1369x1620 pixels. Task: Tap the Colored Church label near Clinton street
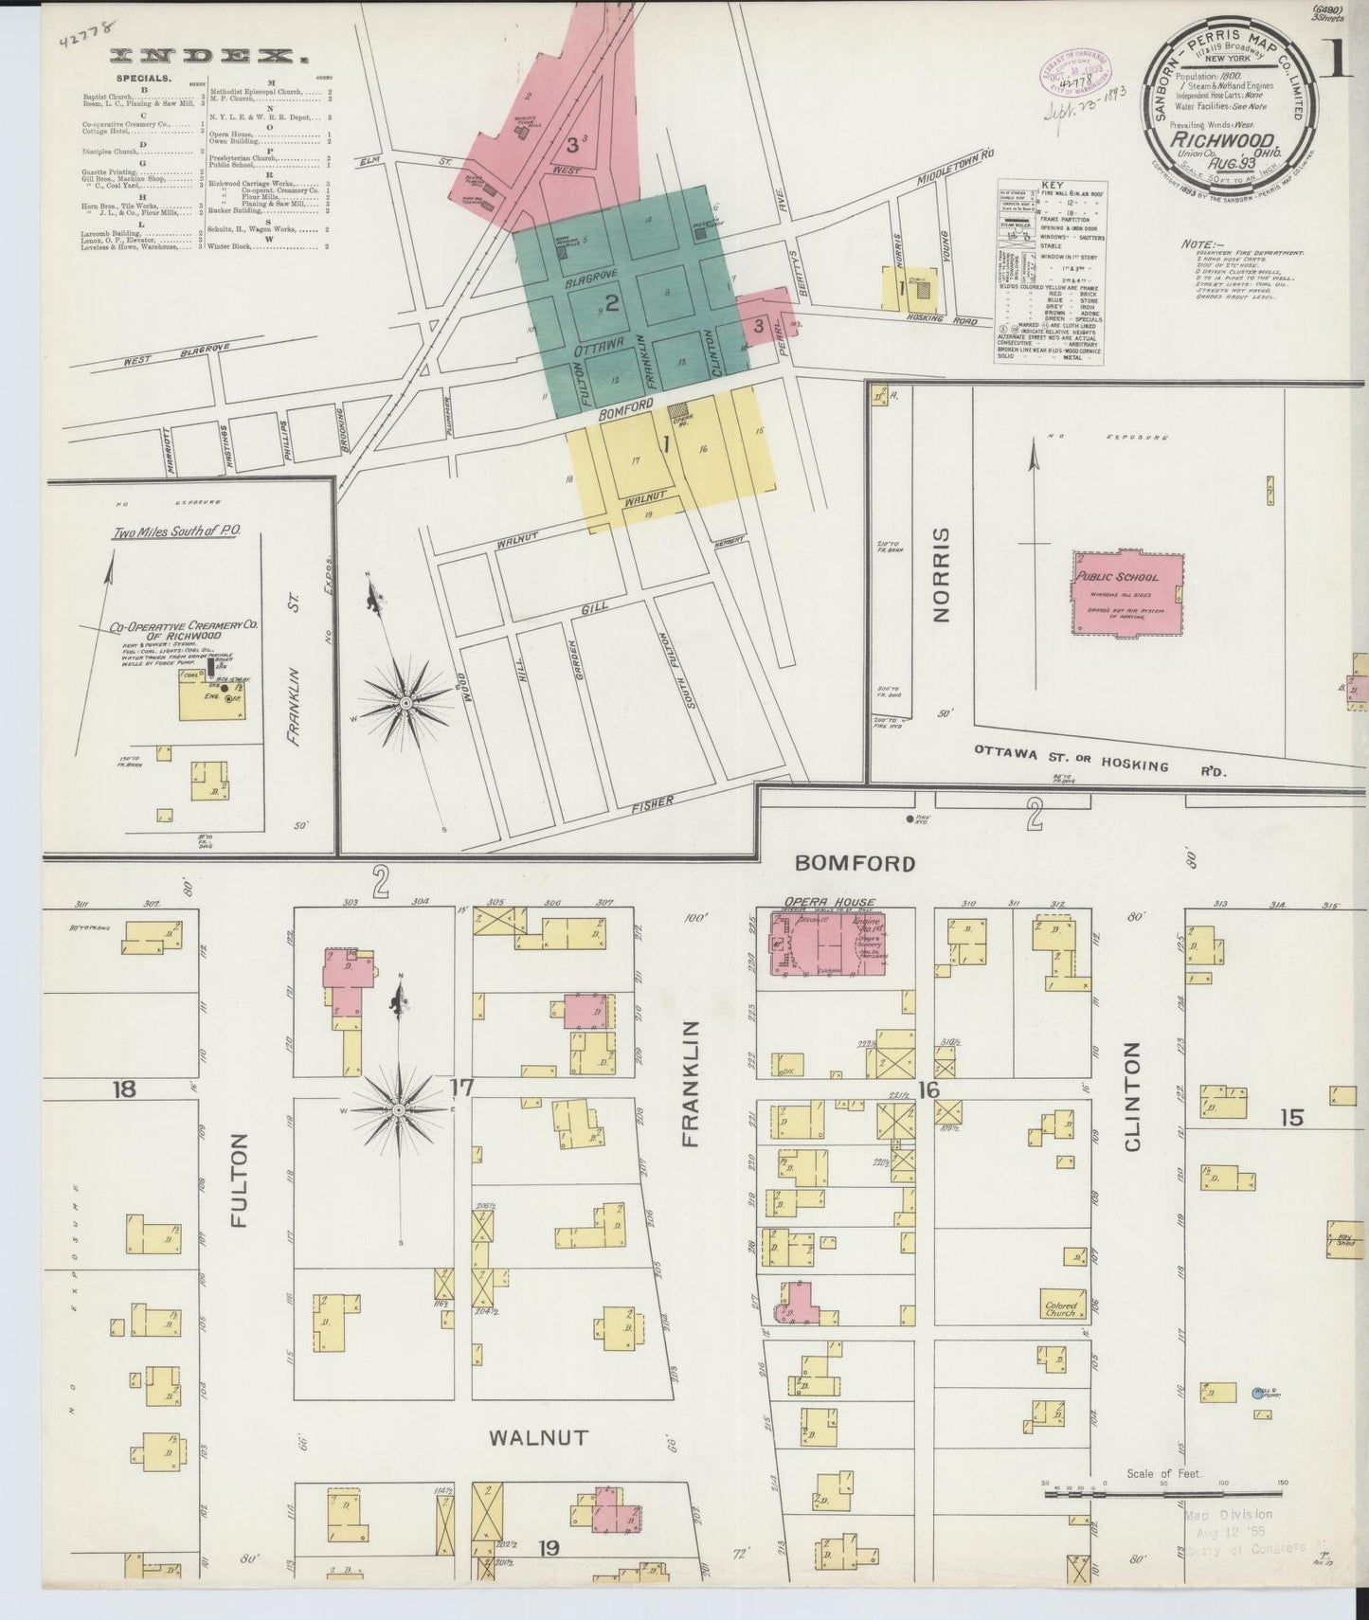[1060, 1308]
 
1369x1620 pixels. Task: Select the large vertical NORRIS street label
[940, 587]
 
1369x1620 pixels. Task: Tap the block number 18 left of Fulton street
[123, 1089]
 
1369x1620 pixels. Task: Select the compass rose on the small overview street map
[405, 701]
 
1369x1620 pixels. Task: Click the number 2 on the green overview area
[612, 303]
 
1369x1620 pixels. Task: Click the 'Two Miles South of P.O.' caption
[176, 532]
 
